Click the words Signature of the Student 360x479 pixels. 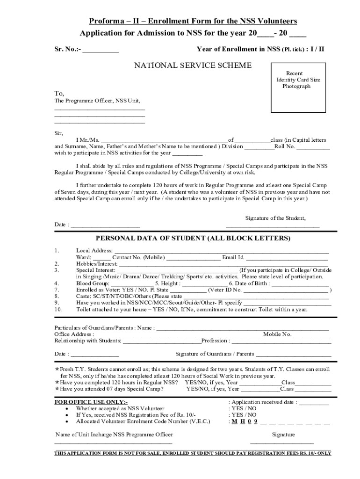(275, 218)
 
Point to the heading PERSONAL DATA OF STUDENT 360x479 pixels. (193, 238)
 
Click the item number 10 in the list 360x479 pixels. (58, 309)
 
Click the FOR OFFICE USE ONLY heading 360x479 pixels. (91, 402)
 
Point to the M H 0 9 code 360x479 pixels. (245, 421)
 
